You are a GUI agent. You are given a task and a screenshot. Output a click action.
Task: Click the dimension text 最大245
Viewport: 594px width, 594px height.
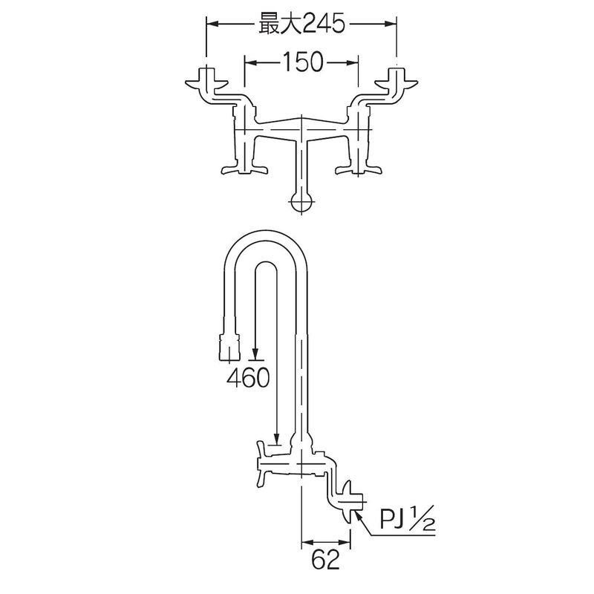[301, 24]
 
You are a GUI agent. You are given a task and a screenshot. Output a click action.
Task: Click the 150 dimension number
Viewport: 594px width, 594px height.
[302, 62]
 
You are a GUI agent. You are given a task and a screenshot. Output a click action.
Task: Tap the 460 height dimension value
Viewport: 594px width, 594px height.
[248, 377]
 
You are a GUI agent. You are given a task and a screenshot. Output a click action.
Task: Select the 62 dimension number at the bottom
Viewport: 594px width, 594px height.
[325, 559]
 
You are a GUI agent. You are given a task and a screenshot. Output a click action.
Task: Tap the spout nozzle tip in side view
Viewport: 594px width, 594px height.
[229, 347]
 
